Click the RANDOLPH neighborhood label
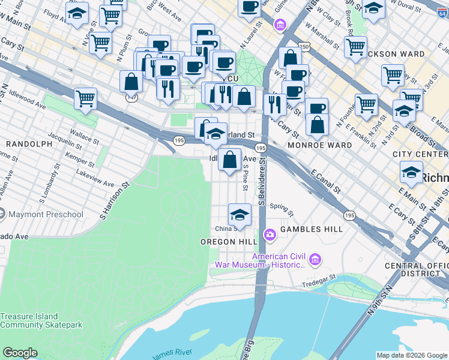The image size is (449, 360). point(29,144)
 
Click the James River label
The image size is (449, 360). point(172,355)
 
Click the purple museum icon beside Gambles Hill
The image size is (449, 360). point(270,233)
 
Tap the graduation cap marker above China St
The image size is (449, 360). point(239,215)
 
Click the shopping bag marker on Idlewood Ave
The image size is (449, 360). point(230,160)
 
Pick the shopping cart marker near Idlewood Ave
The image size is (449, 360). point(86,98)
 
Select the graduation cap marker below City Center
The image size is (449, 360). point(411,172)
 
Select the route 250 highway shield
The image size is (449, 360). point(305,47)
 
